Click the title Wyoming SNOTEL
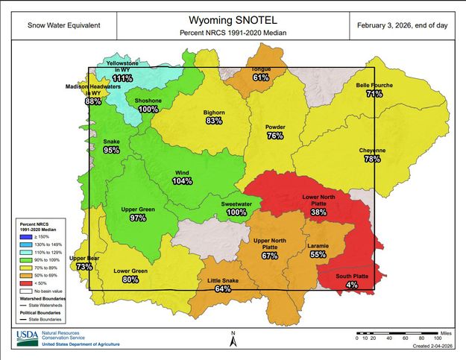233,20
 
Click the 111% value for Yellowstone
123,78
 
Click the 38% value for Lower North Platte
319,212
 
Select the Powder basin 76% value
275,136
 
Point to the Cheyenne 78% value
372,159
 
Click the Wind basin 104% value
182,181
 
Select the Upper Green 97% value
137,218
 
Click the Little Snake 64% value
222,288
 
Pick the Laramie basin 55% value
318,254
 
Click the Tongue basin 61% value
261,78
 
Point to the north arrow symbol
233,341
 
